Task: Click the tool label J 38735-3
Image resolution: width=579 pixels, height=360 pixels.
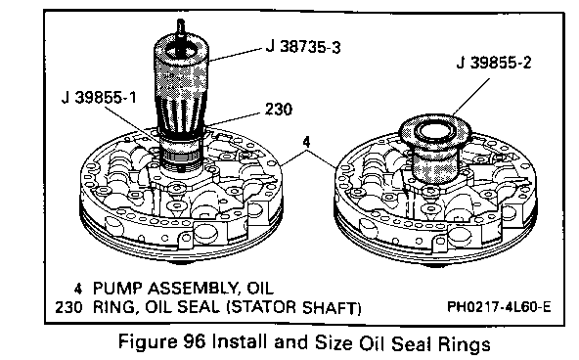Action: tap(303, 47)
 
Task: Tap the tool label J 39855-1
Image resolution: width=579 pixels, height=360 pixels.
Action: tap(99, 98)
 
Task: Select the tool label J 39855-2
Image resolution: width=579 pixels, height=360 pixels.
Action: tap(494, 63)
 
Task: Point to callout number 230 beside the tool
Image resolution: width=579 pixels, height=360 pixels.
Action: tap(279, 109)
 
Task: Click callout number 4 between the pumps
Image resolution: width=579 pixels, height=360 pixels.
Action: tap(306, 142)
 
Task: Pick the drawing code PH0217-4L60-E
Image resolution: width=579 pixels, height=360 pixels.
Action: tap(499, 306)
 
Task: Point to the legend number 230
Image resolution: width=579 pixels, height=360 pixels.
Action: tap(68, 307)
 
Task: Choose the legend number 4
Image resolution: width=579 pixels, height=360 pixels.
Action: tap(77, 289)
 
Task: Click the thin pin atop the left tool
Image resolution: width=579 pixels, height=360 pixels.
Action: tap(180, 27)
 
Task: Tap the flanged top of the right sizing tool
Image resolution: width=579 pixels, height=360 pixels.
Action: tap(436, 129)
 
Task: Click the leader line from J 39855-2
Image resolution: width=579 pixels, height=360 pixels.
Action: tap(471, 97)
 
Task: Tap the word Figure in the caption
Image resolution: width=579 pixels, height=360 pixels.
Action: tap(148, 342)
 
